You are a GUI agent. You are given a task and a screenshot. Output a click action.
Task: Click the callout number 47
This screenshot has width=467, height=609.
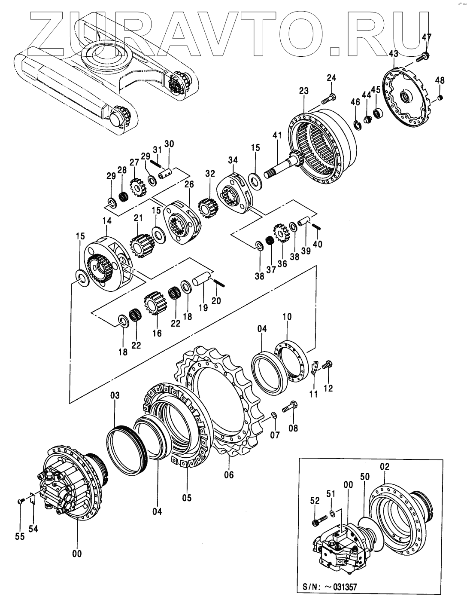point(426,37)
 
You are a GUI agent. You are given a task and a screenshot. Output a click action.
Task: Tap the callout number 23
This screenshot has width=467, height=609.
point(304,91)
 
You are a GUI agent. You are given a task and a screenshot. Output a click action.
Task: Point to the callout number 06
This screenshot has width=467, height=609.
point(229,475)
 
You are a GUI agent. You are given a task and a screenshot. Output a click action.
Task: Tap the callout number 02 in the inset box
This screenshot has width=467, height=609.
point(384,467)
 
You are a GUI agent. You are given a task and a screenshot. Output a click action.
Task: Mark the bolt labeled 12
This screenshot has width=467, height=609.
point(326,364)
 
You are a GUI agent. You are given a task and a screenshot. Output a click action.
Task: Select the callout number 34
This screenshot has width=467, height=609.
point(233,160)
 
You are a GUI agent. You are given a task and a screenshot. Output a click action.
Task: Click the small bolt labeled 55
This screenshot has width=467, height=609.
point(20,501)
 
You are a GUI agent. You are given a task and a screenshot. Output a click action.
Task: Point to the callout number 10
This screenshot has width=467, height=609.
point(287,318)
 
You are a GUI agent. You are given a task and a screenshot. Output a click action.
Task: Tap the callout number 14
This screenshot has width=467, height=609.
point(107,220)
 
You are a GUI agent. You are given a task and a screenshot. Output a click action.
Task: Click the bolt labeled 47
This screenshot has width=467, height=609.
point(423,55)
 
